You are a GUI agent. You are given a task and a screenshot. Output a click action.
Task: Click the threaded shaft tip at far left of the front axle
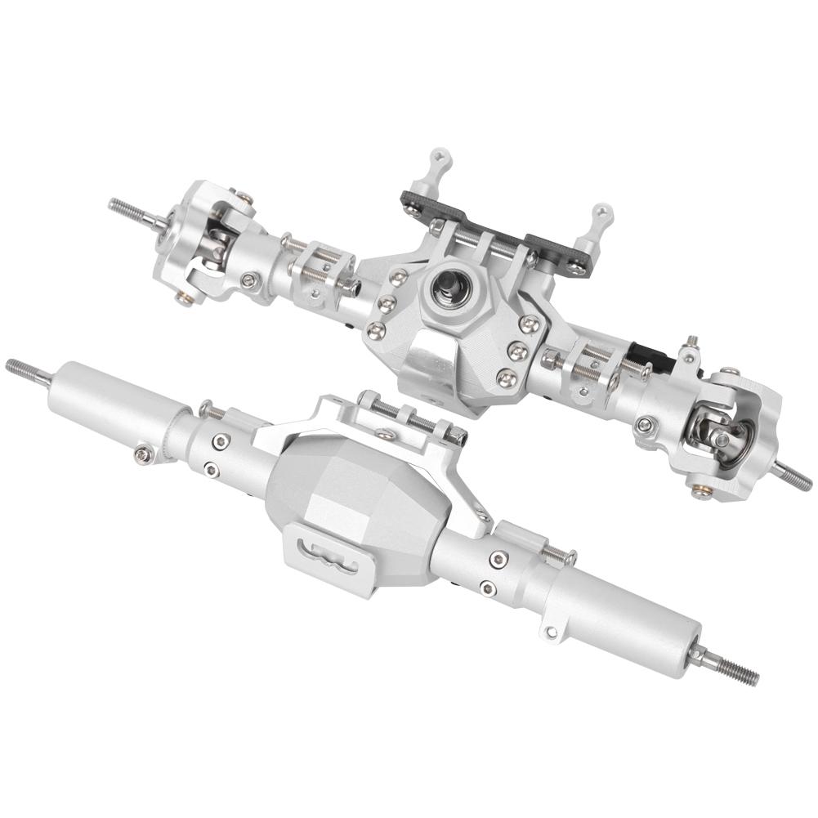click(x=123, y=206)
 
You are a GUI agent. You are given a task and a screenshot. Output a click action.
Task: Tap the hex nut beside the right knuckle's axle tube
click(x=646, y=426)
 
